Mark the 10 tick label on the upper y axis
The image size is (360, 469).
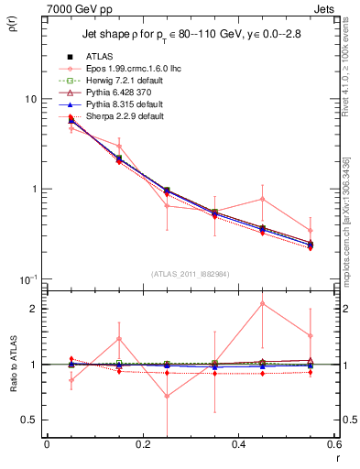click(30, 99)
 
